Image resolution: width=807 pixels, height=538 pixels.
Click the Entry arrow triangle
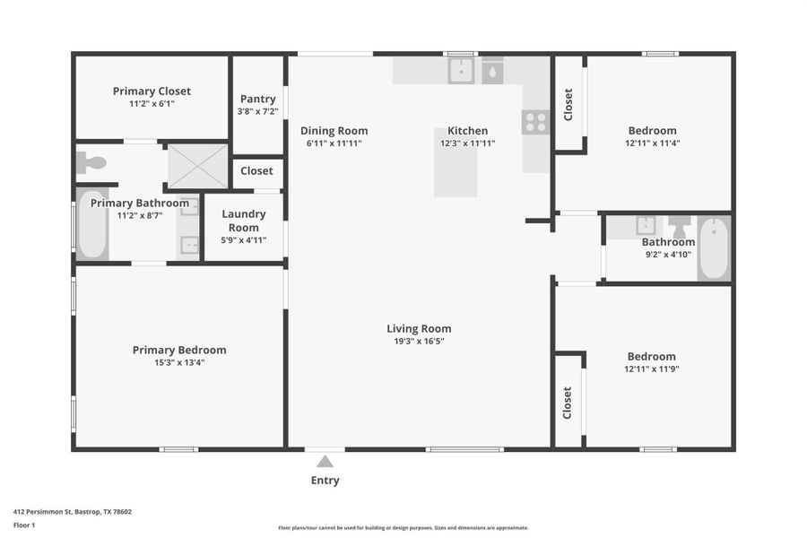point(325,461)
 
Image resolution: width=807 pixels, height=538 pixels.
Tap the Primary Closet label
point(152,91)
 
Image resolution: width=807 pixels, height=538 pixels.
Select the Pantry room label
point(258,100)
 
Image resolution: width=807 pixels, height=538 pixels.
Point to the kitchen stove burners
point(535,122)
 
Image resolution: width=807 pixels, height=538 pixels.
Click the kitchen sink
point(462,71)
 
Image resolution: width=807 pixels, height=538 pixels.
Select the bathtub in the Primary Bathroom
point(92,224)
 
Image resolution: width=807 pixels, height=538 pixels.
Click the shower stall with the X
point(197,166)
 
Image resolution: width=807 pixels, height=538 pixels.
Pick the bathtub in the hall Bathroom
point(714,248)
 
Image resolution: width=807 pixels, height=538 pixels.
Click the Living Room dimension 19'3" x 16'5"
point(419,341)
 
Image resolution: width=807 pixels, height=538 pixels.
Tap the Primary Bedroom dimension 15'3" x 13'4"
point(179,362)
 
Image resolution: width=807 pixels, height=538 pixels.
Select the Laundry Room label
point(244,221)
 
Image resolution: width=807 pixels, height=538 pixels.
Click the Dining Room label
point(334,131)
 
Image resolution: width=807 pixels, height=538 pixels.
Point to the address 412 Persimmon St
point(73,511)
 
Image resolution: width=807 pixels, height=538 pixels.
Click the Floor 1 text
point(24,525)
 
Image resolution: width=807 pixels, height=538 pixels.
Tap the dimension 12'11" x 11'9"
point(652,369)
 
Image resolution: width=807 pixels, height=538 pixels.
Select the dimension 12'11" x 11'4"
point(652,143)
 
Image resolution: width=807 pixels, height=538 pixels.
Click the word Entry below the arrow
point(325,481)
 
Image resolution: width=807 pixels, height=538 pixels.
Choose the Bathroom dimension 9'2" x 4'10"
point(668,254)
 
